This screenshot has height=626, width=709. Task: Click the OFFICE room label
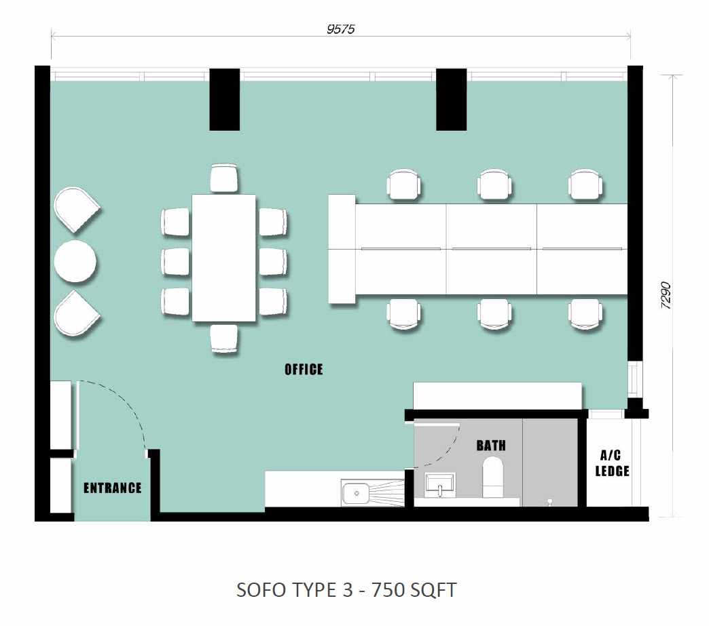[x=304, y=370]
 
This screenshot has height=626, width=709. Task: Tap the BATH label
[x=491, y=446]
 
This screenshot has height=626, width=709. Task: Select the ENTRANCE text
[x=113, y=488]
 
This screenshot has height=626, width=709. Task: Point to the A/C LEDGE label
[x=612, y=463]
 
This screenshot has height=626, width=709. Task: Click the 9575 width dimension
[x=341, y=29]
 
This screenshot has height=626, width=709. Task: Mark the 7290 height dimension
[x=666, y=296]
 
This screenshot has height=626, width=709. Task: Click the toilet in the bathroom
[x=493, y=477]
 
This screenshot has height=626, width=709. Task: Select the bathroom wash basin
[x=439, y=485]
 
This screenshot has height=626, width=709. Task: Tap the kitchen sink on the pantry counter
[x=357, y=493]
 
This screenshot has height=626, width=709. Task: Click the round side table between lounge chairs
[x=75, y=261]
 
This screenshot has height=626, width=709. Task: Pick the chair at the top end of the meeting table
[x=224, y=178]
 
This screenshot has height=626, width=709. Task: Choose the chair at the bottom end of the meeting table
[x=224, y=338]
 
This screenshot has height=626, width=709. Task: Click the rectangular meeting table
[x=224, y=258]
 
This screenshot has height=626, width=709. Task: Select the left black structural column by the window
[x=224, y=100]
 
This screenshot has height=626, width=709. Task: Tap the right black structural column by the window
[x=451, y=100]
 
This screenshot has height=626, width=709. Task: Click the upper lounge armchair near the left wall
[x=75, y=210]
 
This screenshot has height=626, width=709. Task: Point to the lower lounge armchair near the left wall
[x=75, y=313]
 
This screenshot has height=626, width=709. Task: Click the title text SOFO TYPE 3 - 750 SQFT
[x=346, y=590]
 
